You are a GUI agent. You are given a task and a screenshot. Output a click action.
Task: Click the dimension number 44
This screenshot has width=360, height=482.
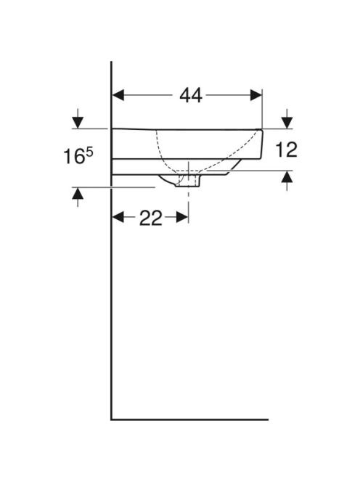click(x=191, y=95)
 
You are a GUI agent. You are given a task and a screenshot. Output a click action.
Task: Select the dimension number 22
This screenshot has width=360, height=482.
click(x=150, y=218)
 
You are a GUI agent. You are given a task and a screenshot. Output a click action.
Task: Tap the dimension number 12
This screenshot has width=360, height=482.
click(x=286, y=150)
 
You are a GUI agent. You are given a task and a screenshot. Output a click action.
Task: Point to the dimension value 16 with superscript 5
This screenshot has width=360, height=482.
click(x=78, y=155)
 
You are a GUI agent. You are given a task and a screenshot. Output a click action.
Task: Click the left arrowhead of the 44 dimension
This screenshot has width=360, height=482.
click(x=118, y=95)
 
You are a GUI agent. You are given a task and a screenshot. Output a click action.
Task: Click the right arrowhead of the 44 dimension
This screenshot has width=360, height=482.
click(x=255, y=95)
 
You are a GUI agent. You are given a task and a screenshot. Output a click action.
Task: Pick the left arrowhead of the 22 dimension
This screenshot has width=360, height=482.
click(x=118, y=218)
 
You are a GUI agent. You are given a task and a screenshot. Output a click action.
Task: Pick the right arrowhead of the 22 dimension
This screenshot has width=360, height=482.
click(x=182, y=218)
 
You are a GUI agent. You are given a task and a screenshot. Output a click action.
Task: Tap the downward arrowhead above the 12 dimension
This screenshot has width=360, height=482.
click(x=287, y=123)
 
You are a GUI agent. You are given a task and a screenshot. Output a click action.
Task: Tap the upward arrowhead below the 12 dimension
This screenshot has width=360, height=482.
click(x=287, y=176)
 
